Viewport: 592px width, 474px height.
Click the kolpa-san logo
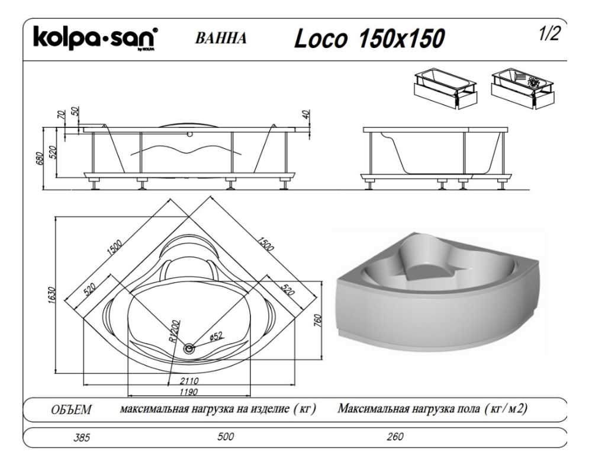(x=96, y=38)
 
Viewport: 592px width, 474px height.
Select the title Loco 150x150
(x=369, y=38)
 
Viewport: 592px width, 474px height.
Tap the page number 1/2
(x=549, y=34)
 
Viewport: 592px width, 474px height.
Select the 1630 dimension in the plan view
(x=52, y=295)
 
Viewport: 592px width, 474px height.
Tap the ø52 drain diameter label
(x=215, y=336)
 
